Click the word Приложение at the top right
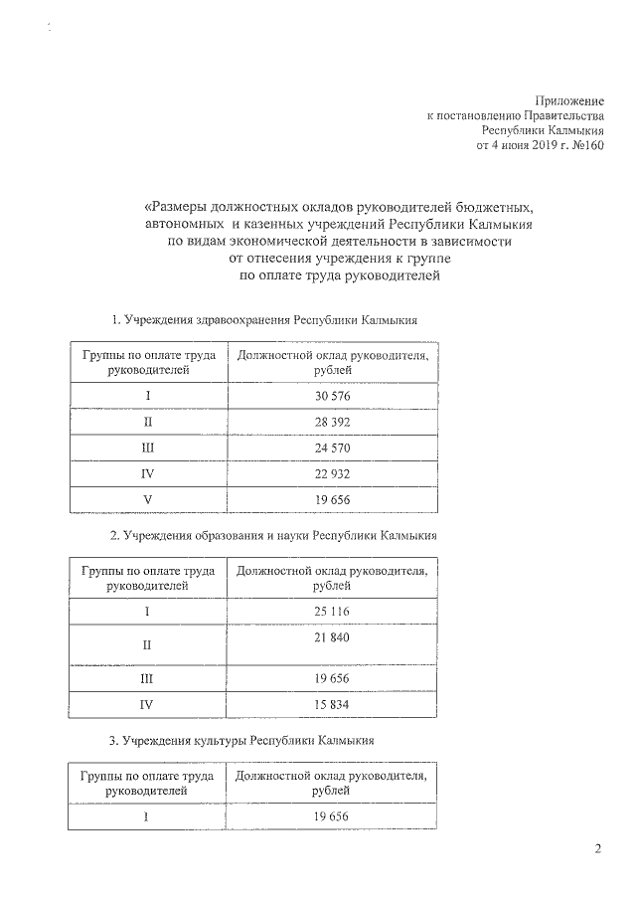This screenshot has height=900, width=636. click(x=569, y=100)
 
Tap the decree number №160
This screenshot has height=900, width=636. click(x=585, y=145)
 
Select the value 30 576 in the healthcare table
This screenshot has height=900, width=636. click(x=332, y=396)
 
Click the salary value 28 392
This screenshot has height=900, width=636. click(x=332, y=422)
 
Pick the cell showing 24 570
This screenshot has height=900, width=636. click(x=332, y=448)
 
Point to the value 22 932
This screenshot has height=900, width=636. click(x=332, y=473)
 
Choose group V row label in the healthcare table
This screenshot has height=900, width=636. click(x=147, y=499)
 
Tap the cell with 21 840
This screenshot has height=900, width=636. click(x=332, y=636)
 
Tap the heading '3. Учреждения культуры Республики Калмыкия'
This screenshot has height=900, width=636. click(x=241, y=741)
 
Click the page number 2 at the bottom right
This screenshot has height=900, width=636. click(x=597, y=848)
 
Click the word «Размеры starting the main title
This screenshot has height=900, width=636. click(x=178, y=208)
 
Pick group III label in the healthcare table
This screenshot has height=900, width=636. click(x=147, y=448)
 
